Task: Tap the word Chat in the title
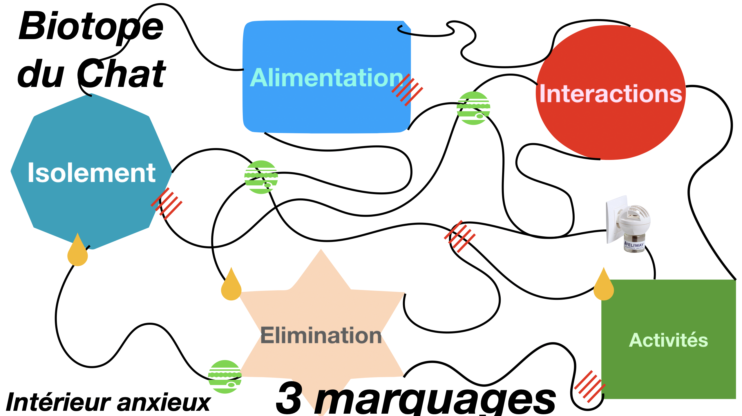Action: click(122, 74)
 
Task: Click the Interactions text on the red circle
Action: click(611, 94)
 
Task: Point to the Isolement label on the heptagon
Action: click(92, 173)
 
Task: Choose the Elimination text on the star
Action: click(321, 335)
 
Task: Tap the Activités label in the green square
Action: click(668, 340)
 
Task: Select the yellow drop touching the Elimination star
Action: click(231, 287)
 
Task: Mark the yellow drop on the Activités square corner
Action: click(604, 287)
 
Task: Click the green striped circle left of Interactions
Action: click(473, 108)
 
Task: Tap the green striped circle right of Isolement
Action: click(261, 177)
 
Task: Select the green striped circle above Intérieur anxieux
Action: click(225, 377)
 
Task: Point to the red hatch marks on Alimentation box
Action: click(407, 90)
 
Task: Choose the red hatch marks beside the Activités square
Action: click(590, 386)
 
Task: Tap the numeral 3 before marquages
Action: click(289, 398)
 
